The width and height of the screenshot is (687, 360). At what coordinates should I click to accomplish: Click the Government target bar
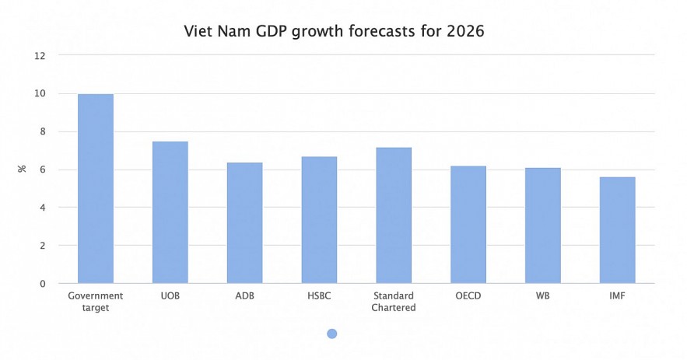click(96, 189)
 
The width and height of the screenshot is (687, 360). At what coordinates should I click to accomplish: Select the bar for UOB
click(170, 212)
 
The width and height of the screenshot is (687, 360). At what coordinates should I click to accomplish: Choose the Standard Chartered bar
click(394, 215)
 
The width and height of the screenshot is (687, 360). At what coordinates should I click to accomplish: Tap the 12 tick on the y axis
click(40, 56)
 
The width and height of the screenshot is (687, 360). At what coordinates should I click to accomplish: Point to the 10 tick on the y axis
click(40, 94)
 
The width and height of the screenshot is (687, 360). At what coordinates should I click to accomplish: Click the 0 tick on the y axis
click(43, 284)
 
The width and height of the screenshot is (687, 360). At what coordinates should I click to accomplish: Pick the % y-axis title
click(22, 169)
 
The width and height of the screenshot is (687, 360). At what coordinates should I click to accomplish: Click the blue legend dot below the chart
click(332, 334)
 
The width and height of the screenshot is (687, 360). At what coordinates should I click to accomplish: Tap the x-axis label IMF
click(617, 296)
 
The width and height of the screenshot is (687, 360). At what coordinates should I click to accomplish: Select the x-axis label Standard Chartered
click(394, 302)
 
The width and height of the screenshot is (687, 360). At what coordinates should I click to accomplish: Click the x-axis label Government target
click(96, 302)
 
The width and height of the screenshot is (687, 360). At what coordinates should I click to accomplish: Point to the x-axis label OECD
click(468, 296)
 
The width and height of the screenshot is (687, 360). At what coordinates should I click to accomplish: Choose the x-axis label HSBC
click(319, 296)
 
